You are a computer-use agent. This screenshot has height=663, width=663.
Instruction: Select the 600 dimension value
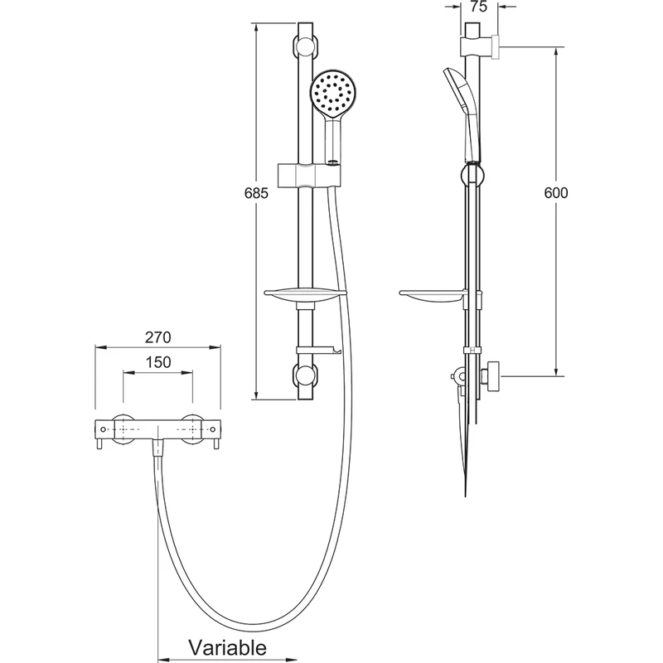coord(556,192)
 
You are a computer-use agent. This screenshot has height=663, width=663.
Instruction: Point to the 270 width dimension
coord(158,337)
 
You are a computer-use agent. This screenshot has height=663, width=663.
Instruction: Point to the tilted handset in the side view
coord(462,108)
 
